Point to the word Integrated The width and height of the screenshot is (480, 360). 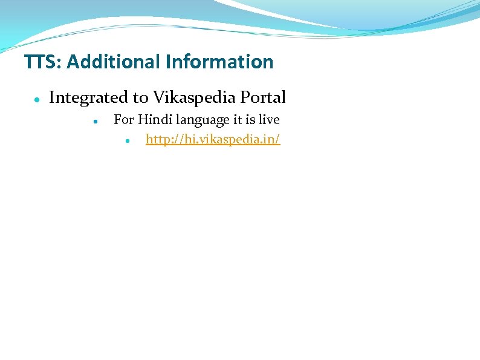tap(88, 97)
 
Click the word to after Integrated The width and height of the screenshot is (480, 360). tap(140, 97)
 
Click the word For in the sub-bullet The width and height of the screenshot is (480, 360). tap(123, 120)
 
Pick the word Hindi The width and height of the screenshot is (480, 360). tap(154, 120)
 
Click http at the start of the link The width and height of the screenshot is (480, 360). tap(157, 140)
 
